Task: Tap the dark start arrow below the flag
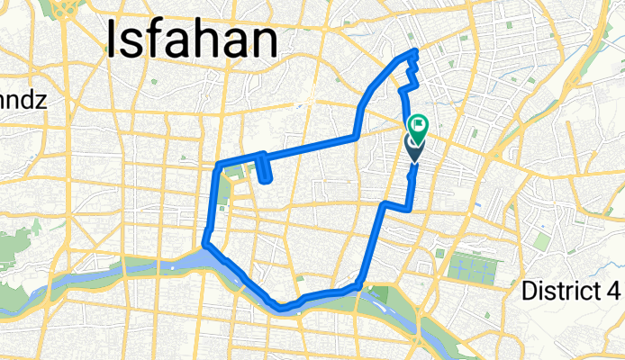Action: pos(414,148)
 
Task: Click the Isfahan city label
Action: pos(191,40)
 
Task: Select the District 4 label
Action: pos(572,291)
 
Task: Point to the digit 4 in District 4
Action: pos(613,291)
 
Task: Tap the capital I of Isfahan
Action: pos(114,40)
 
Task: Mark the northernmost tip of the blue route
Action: pos(414,51)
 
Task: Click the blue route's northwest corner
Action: pos(218,166)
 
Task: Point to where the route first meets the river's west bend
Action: pos(206,244)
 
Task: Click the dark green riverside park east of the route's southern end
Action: pos(383,293)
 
